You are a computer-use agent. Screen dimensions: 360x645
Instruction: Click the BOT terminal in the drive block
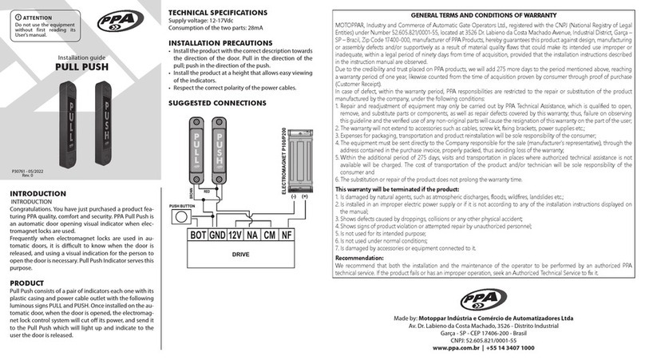196,235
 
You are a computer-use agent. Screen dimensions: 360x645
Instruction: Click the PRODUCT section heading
29,283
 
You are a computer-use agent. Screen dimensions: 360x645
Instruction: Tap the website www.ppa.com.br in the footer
449,349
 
